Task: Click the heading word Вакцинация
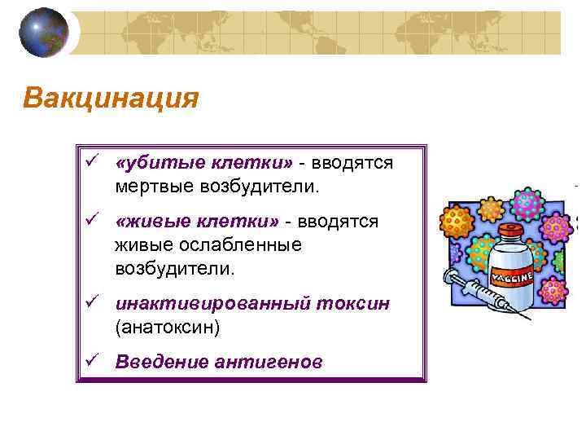111,99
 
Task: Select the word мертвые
151,187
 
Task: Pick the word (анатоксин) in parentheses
168,328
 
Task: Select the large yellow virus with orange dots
457,220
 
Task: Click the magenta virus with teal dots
527,204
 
